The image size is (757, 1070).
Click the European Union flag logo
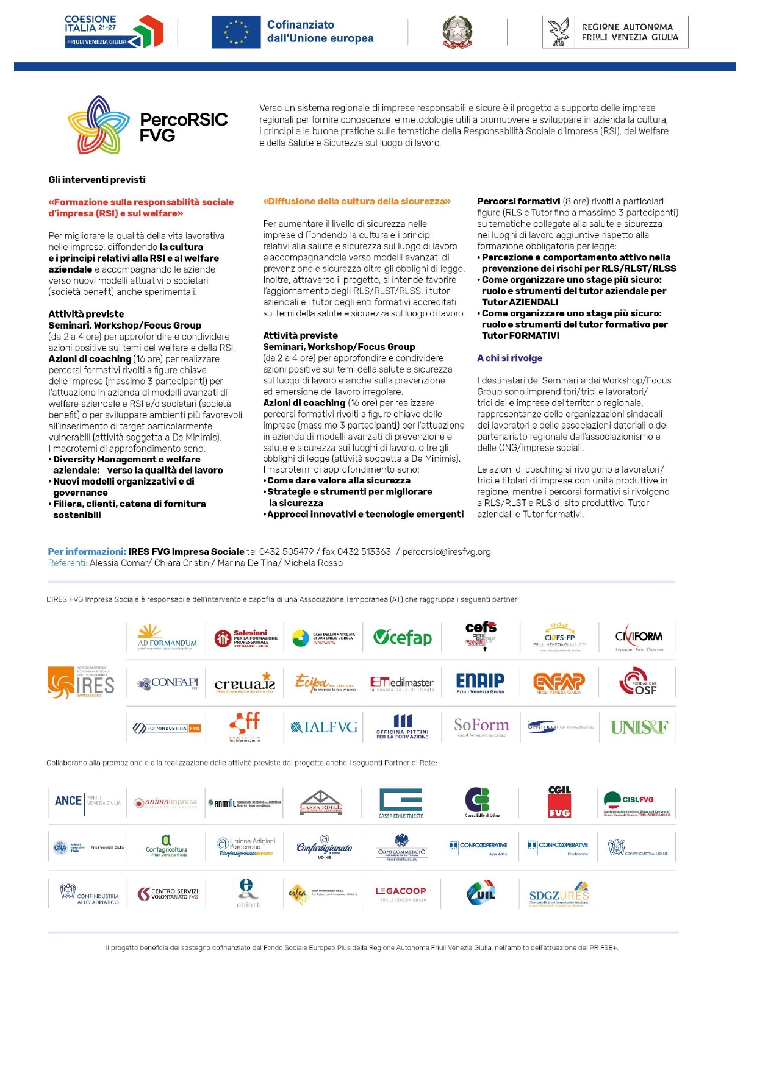pos(235,32)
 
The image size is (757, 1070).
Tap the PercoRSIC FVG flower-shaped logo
pos(98,124)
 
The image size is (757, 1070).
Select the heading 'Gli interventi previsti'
pos(97,180)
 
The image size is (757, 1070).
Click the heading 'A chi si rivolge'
pos(509,358)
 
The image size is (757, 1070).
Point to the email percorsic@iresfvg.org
pos(446,552)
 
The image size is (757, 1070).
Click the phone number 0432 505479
pos(286,552)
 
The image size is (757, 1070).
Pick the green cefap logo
pos(403,638)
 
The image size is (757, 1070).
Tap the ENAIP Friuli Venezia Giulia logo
pos(480,682)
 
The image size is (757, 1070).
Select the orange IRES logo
pos(81,683)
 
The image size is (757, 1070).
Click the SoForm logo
pos(481,726)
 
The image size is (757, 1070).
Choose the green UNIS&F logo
pos(639,727)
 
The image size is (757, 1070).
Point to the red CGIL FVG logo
pos(559,801)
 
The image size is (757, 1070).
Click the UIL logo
pos(481,893)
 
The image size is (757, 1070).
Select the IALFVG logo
pos(324,727)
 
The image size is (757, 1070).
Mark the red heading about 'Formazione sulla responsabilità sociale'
pos(141,208)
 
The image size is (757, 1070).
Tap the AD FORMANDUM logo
pos(167,638)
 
